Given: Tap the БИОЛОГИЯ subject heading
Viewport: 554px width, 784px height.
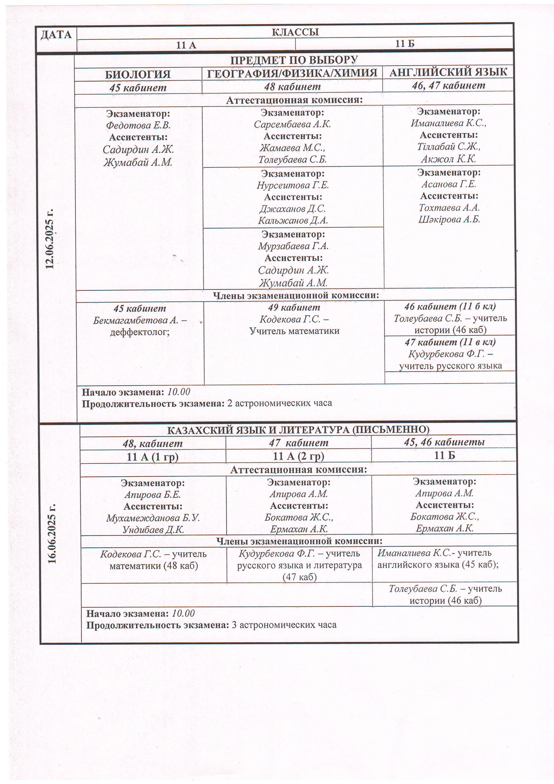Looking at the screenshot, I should click(x=138, y=74).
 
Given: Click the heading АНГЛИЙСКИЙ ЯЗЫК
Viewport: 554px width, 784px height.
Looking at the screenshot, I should click(x=448, y=72).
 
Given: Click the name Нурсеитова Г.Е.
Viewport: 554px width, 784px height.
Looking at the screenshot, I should click(x=293, y=185).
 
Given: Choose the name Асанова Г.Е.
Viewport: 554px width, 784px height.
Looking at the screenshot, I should click(x=449, y=184).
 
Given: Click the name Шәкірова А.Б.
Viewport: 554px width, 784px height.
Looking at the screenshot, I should click(x=449, y=219).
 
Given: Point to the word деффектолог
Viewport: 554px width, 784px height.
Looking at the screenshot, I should click(x=140, y=332).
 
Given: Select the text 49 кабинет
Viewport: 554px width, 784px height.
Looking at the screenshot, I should click(x=294, y=308).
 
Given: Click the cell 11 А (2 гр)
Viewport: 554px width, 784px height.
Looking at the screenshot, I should click(x=298, y=456).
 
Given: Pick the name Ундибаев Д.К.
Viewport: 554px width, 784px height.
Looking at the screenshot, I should click(x=153, y=530).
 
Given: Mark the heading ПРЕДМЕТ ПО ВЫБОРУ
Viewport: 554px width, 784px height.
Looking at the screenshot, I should click(x=294, y=60).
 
